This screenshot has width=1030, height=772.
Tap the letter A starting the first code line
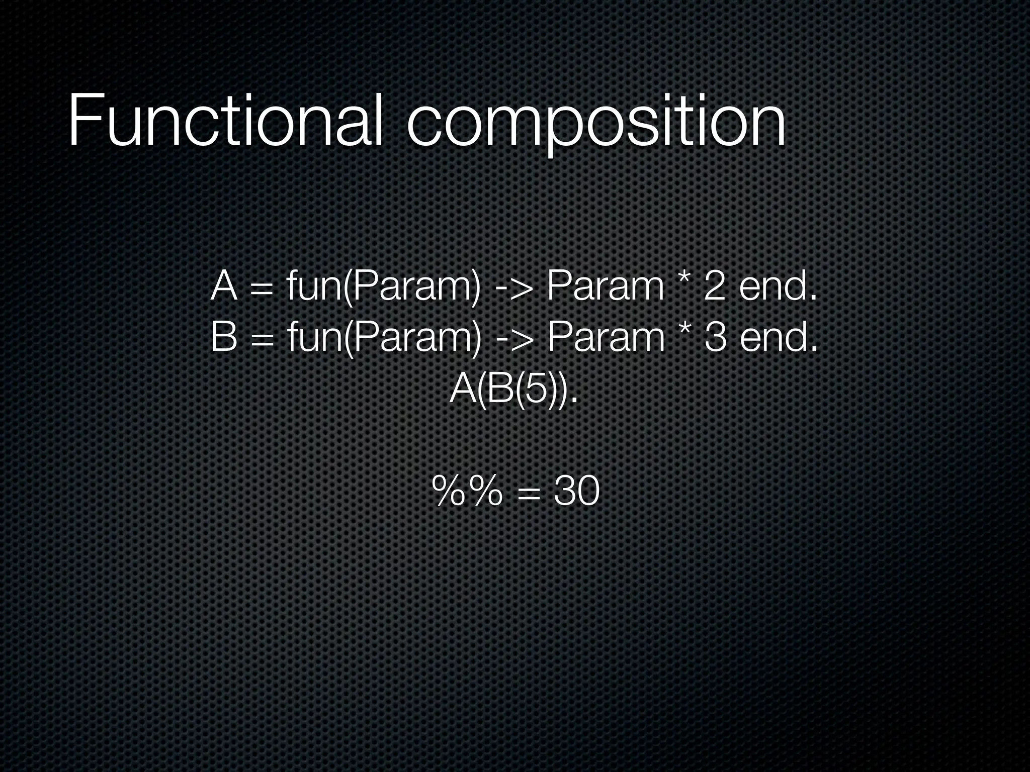point(224,286)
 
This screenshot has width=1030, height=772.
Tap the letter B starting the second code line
point(224,337)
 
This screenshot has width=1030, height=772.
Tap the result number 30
point(576,492)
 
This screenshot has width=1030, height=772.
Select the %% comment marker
point(466,492)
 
